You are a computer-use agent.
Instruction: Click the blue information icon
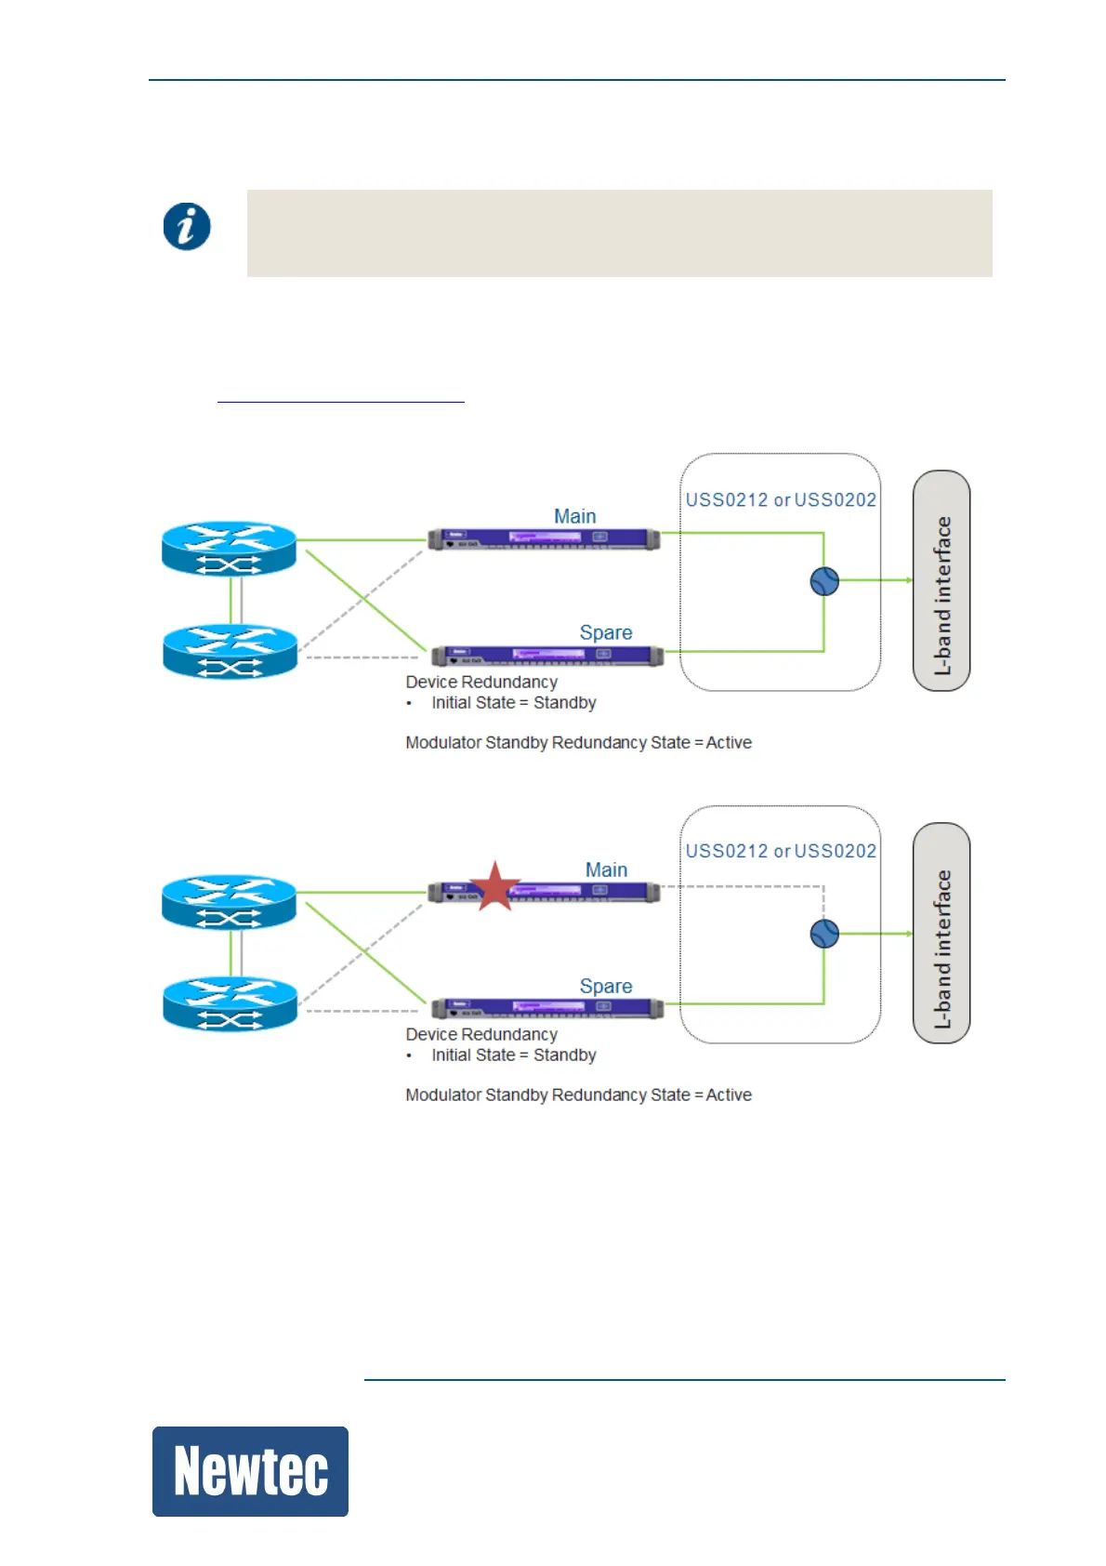coord(187,227)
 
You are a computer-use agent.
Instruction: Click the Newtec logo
coord(250,1471)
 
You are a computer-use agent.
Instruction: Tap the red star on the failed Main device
coord(494,886)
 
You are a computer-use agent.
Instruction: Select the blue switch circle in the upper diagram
coord(824,581)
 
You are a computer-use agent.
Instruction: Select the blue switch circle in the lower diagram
coord(824,934)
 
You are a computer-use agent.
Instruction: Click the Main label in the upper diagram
coord(575,516)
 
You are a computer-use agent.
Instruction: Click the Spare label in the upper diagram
coord(606,632)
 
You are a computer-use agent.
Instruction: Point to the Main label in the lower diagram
coord(606,869)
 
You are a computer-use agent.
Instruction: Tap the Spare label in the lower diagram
coord(606,986)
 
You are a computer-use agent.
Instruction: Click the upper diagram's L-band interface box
coord(941,580)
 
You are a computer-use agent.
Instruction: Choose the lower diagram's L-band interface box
coord(941,933)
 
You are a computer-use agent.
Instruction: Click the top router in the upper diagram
coord(230,549)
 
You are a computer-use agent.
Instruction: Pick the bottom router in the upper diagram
coord(230,652)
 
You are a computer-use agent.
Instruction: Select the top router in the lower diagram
coord(230,902)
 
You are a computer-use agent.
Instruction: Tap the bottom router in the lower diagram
coord(230,1004)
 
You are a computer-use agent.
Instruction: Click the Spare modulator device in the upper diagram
coord(547,656)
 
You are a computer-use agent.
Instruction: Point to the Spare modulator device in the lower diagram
coord(547,1009)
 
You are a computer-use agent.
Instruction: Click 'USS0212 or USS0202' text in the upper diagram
coord(781,500)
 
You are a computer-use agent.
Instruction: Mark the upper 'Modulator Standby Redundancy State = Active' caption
coord(578,742)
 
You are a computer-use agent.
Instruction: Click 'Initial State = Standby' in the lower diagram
coord(514,1055)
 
